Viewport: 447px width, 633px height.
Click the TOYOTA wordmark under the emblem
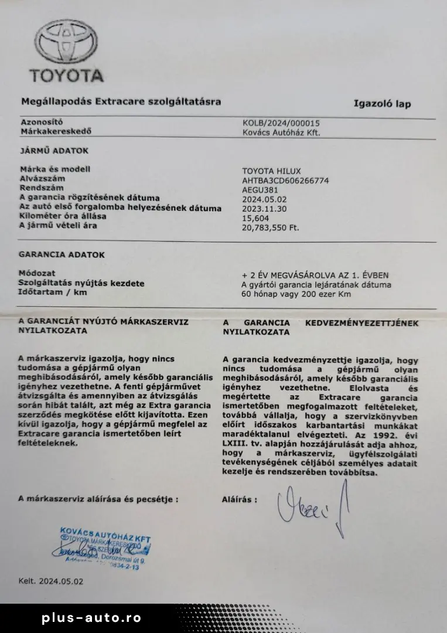tap(67, 76)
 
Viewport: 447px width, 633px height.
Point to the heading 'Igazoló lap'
tap(382, 104)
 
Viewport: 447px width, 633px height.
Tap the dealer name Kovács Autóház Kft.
tap(282, 132)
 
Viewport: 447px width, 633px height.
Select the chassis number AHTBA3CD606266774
tap(285, 181)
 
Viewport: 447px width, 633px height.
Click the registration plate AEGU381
tap(261, 189)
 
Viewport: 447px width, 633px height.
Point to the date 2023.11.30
tap(264, 208)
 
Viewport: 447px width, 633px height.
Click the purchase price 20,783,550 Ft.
tap(271, 227)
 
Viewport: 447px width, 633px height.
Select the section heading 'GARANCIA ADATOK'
tap(62, 255)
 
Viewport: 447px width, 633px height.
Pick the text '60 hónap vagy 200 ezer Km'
tap(296, 294)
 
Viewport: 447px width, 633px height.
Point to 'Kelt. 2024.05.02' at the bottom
tap(51, 581)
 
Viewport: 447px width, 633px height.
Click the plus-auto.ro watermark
tap(91, 618)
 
